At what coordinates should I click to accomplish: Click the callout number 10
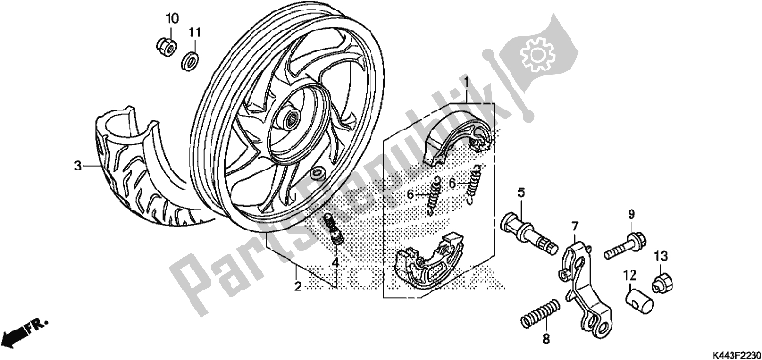[x=171, y=19]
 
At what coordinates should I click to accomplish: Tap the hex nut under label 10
[x=166, y=46]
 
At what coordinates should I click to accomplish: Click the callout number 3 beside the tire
[x=78, y=166]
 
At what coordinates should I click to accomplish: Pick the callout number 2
[x=297, y=288]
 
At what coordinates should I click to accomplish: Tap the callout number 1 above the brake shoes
[x=465, y=82]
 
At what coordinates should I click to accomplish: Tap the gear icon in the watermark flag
[x=537, y=53]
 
